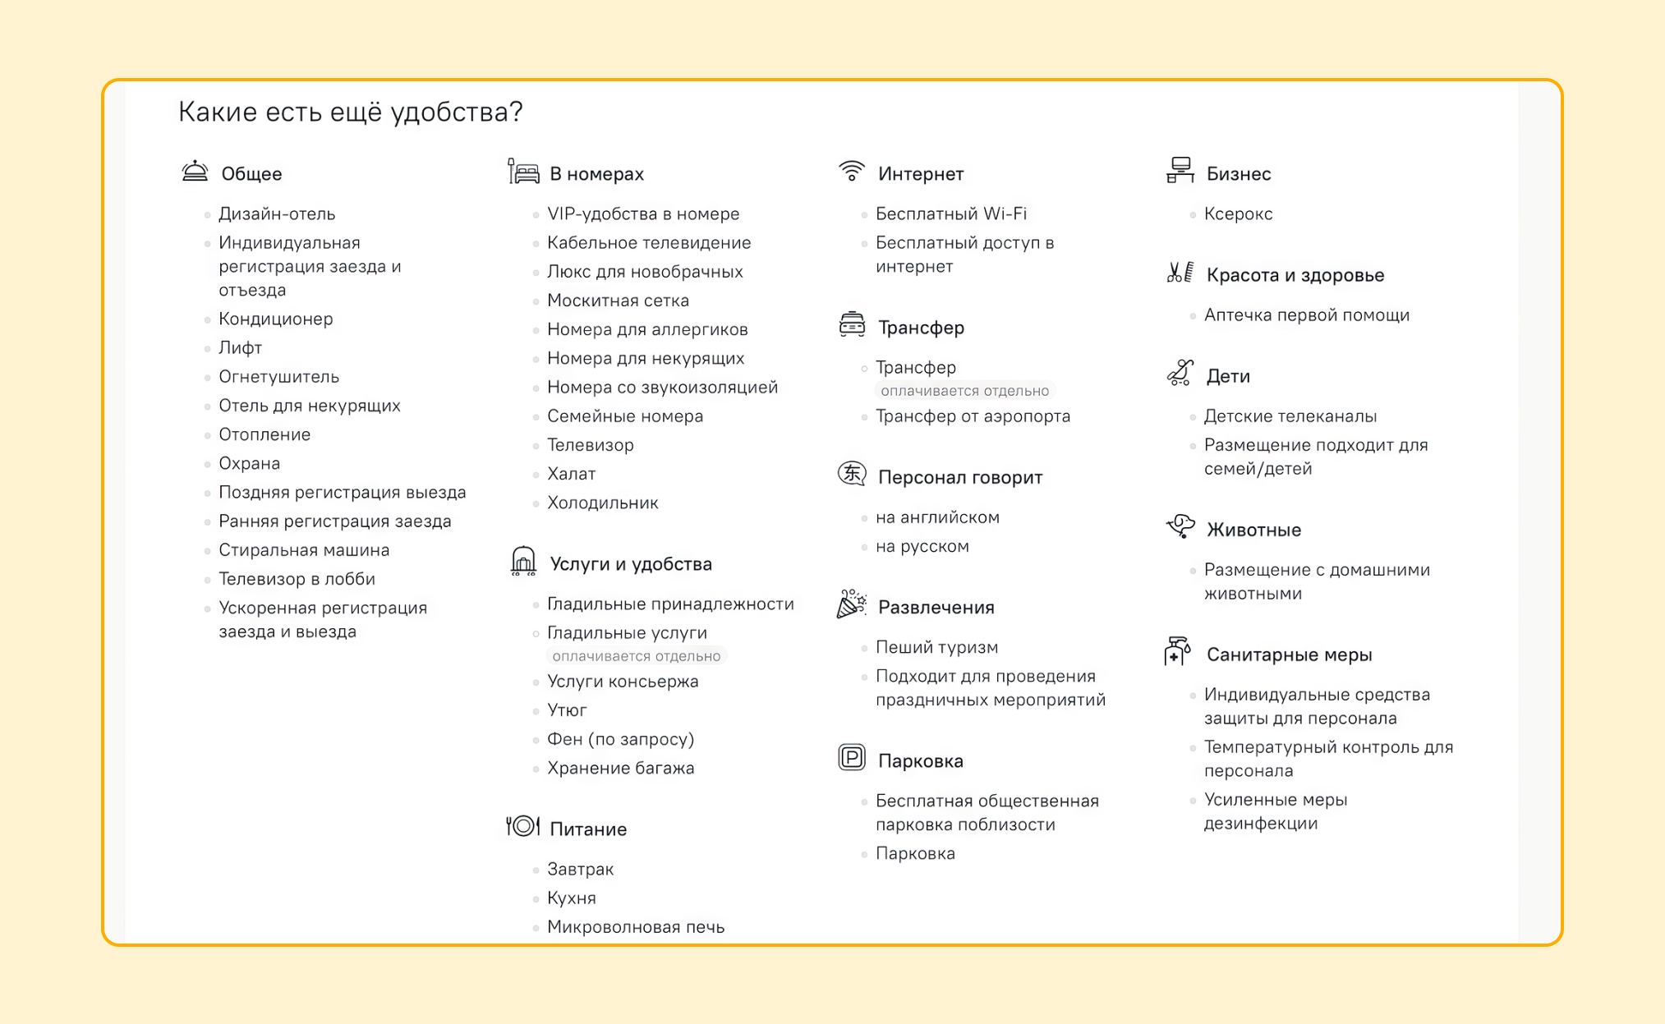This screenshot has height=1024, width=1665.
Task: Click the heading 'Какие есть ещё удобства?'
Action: click(350, 112)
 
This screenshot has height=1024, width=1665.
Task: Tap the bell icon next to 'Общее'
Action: click(195, 172)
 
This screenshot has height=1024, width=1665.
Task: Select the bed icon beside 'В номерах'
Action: click(523, 172)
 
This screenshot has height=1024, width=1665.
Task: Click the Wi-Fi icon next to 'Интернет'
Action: click(852, 171)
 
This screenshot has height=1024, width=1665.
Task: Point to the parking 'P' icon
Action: click(852, 757)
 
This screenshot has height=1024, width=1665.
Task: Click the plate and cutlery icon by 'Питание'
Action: click(522, 826)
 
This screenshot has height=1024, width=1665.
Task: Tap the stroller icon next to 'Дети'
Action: click(1180, 373)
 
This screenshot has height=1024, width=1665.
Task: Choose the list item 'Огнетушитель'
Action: click(278, 377)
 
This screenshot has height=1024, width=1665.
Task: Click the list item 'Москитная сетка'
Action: click(618, 301)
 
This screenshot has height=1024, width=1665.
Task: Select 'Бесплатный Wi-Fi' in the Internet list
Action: click(950, 214)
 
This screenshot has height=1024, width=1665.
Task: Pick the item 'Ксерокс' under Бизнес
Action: click(1238, 214)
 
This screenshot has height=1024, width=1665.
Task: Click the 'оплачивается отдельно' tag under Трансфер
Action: click(964, 391)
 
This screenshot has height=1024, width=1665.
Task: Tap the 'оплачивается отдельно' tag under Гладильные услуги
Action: click(636, 656)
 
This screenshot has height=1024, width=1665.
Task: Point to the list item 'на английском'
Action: click(937, 517)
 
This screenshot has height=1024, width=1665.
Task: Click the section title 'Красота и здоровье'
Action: click(1295, 275)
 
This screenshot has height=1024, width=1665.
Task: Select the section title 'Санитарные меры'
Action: click(1289, 654)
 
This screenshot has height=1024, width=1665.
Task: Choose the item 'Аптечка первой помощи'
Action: click(1306, 315)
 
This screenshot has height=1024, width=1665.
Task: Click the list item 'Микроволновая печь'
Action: click(636, 927)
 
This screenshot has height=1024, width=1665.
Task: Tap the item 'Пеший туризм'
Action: click(936, 647)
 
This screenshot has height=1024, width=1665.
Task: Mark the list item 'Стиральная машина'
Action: click(304, 550)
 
